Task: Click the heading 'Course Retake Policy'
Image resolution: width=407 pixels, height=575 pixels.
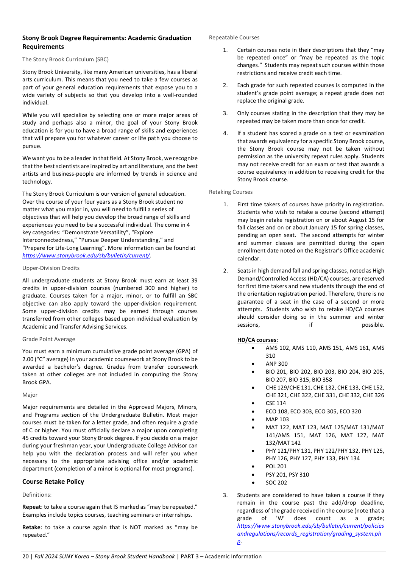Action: coord(53,482)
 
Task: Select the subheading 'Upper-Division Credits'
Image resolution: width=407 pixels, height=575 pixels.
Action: coord(51,268)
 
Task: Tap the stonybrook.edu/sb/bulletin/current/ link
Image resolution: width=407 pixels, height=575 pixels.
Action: coord(86,256)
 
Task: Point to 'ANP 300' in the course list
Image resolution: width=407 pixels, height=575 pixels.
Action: coord(276,364)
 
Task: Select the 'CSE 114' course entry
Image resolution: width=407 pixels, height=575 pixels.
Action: coord(276,403)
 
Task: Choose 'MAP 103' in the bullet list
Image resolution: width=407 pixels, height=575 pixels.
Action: coord(277,419)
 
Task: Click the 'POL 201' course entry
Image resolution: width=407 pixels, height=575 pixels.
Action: coord(276,466)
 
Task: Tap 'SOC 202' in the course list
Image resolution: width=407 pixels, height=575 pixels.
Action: coord(276,483)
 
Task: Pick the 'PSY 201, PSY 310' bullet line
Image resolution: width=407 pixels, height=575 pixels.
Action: coord(287,475)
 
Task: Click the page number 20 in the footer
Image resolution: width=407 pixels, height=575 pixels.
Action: coord(25,556)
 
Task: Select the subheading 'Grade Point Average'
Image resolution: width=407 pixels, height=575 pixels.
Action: coord(48,339)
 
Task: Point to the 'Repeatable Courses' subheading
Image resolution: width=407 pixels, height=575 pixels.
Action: coord(234,37)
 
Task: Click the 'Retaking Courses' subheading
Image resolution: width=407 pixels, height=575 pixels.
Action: coord(231,192)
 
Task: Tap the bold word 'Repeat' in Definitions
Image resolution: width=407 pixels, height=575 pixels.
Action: coord(31,507)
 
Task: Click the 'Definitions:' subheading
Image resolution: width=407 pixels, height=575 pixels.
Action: coord(37,495)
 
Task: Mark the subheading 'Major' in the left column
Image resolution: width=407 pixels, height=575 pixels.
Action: coord(30,395)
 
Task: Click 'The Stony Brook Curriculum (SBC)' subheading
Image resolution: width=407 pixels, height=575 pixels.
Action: coord(65,59)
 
